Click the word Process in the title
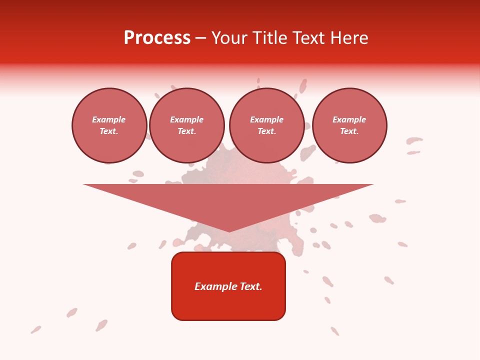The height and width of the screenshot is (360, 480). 157,38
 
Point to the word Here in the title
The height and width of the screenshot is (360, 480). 349,38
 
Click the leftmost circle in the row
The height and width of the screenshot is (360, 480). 109,125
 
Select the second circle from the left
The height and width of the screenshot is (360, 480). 187,125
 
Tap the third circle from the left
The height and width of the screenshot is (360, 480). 266,125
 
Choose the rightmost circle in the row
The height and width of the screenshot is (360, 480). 349,125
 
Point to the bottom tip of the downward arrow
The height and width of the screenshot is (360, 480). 228,230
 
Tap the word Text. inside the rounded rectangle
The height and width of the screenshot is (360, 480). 250,286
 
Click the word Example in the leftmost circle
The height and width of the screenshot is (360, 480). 109,119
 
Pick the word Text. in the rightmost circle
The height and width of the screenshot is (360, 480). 349,131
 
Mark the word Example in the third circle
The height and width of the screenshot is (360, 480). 266,119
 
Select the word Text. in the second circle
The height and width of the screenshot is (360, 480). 187,131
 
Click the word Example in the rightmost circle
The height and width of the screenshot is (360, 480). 349,119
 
